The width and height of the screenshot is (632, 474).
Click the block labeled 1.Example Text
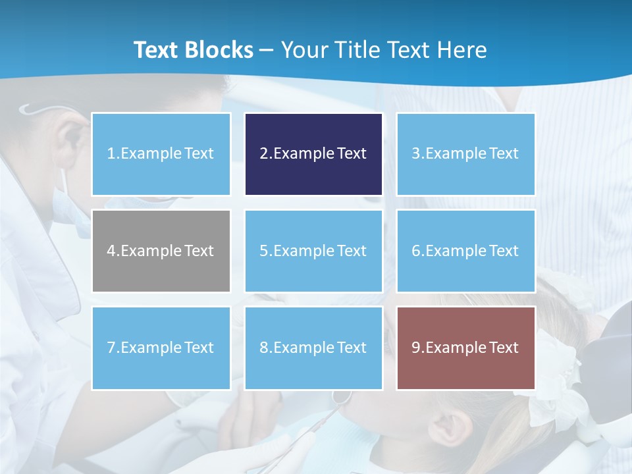tap(161, 154)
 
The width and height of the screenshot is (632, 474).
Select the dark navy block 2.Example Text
tap(313, 154)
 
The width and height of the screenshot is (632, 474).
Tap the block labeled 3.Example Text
tap(465, 154)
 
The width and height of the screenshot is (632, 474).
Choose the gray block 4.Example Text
tap(161, 251)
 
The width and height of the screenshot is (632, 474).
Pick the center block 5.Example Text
tap(313, 251)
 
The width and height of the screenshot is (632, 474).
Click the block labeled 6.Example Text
tap(465, 251)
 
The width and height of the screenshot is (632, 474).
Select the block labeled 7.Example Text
tap(161, 348)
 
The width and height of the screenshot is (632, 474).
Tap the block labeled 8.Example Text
tap(313, 348)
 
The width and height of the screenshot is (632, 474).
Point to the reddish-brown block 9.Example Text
tap(465, 348)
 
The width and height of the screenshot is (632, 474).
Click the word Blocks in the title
tap(220, 50)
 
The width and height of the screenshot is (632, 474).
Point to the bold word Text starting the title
tap(157, 50)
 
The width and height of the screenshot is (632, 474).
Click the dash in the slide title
tap(267, 50)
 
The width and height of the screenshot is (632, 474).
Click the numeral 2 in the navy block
tap(263, 154)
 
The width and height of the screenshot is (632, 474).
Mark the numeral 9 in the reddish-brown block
tap(416, 348)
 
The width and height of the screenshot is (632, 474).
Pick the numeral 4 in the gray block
tap(111, 251)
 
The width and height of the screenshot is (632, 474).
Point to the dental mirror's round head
tap(340, 396)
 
